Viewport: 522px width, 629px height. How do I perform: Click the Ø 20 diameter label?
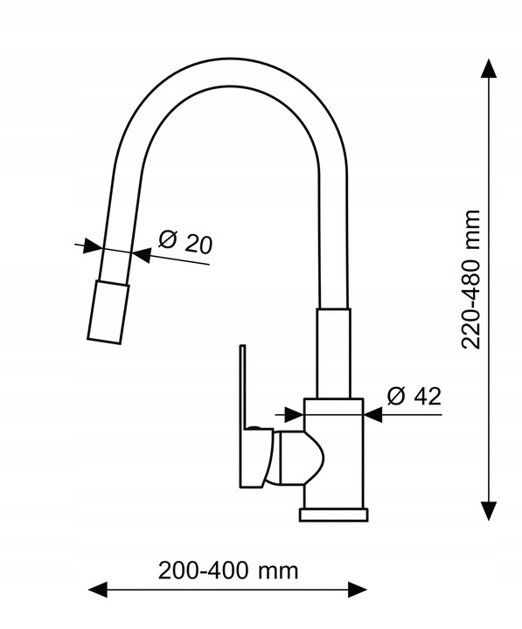184,242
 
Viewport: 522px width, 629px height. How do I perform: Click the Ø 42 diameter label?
414,397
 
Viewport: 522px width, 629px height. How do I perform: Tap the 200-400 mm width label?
228,570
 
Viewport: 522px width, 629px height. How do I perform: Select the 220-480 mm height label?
471,280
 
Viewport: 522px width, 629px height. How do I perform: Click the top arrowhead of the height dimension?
488,68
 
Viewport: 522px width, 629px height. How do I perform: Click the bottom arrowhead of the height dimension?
488,511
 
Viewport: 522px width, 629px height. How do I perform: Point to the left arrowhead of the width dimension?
98,590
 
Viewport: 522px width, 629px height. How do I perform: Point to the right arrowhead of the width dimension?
358,590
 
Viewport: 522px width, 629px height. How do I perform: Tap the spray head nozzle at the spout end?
108,312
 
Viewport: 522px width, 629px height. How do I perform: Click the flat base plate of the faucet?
333,515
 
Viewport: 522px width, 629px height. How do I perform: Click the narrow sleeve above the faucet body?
333,354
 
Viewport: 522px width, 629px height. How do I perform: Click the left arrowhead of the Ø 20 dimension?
93,245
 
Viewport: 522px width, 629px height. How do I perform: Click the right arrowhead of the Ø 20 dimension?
142,255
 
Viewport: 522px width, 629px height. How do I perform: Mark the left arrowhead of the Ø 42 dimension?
294,414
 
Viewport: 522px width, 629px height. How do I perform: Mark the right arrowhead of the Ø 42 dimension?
373,415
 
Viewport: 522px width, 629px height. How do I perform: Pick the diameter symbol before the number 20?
167,238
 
